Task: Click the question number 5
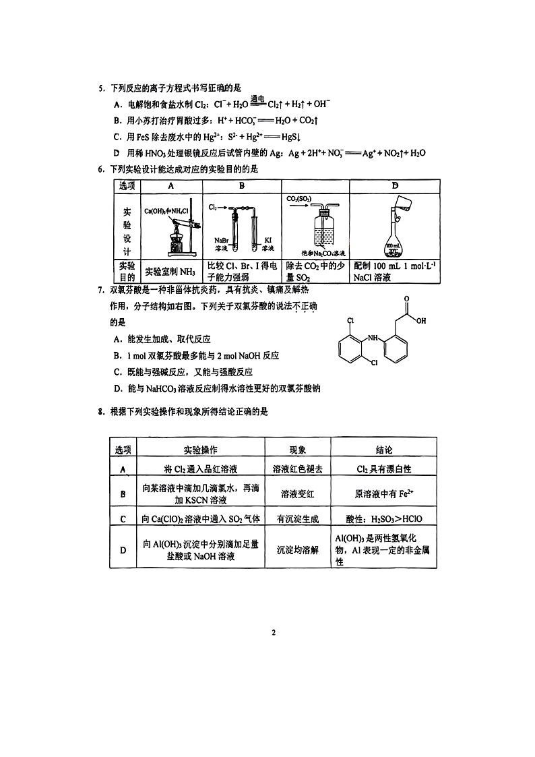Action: (100, 88)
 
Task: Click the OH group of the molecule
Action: (421, 321)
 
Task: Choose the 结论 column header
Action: (383, 450)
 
